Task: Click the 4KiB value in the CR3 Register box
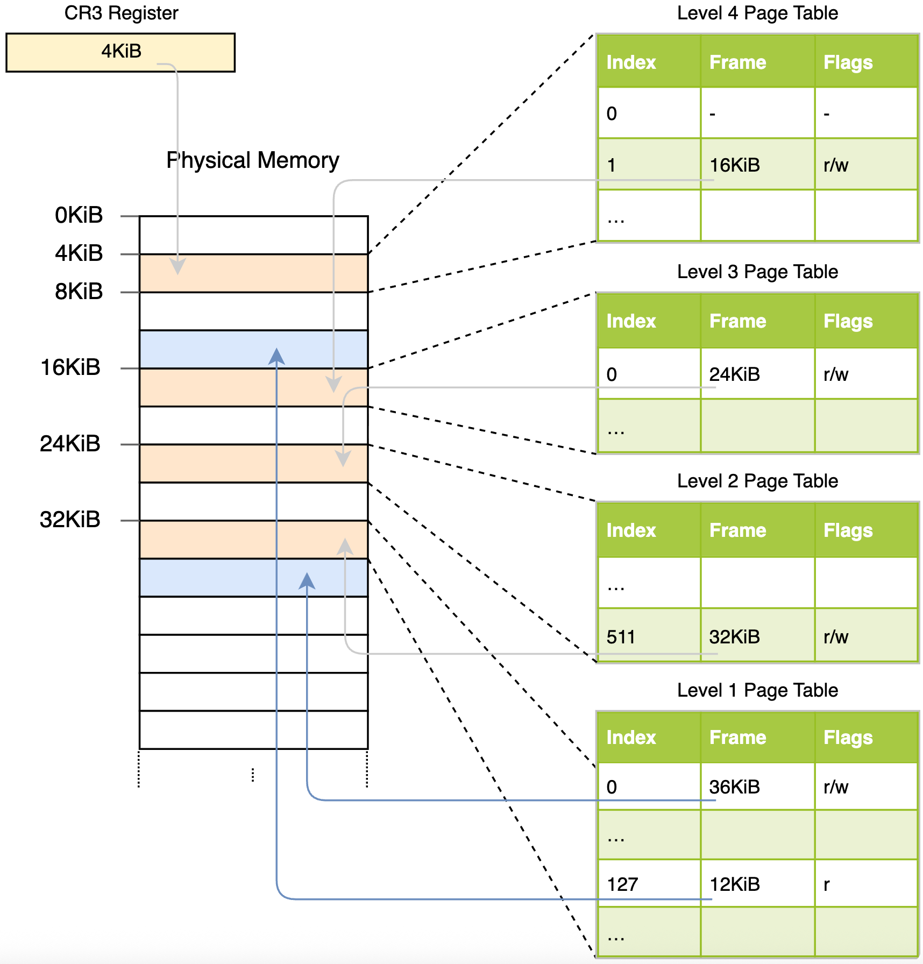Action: click(x=121, y=51)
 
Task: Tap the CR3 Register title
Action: click(x=121, y=13)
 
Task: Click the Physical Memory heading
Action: click(x=253, y=160)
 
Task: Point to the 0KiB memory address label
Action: click(x=79, y=215)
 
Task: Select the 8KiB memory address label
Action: click(x=79, y=292)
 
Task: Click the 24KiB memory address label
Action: click(x=70, y=444)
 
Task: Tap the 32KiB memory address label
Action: click(x=70, y=520)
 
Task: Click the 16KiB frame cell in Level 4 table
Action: click(x=734, y=165)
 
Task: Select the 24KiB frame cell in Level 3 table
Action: click(x=734, y=374)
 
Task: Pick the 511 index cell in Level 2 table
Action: click(x=621, y=637)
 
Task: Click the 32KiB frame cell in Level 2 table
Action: click(x=734, y=637)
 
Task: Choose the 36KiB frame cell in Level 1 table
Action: click(x=734, y=787)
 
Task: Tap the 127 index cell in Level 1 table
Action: click(x=622, y=884)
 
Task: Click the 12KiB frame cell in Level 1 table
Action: click(x=734, y=884)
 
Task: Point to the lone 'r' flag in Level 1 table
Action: click(x=827, y=884)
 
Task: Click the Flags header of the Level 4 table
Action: click(x=848, y=62)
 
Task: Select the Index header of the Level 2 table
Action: click(x=631, y=530)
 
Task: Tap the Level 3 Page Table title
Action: click(x=757, y=272)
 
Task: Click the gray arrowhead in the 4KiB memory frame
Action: click(x=177, y=266)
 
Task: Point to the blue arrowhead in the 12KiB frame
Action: click(x=276, y=356)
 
